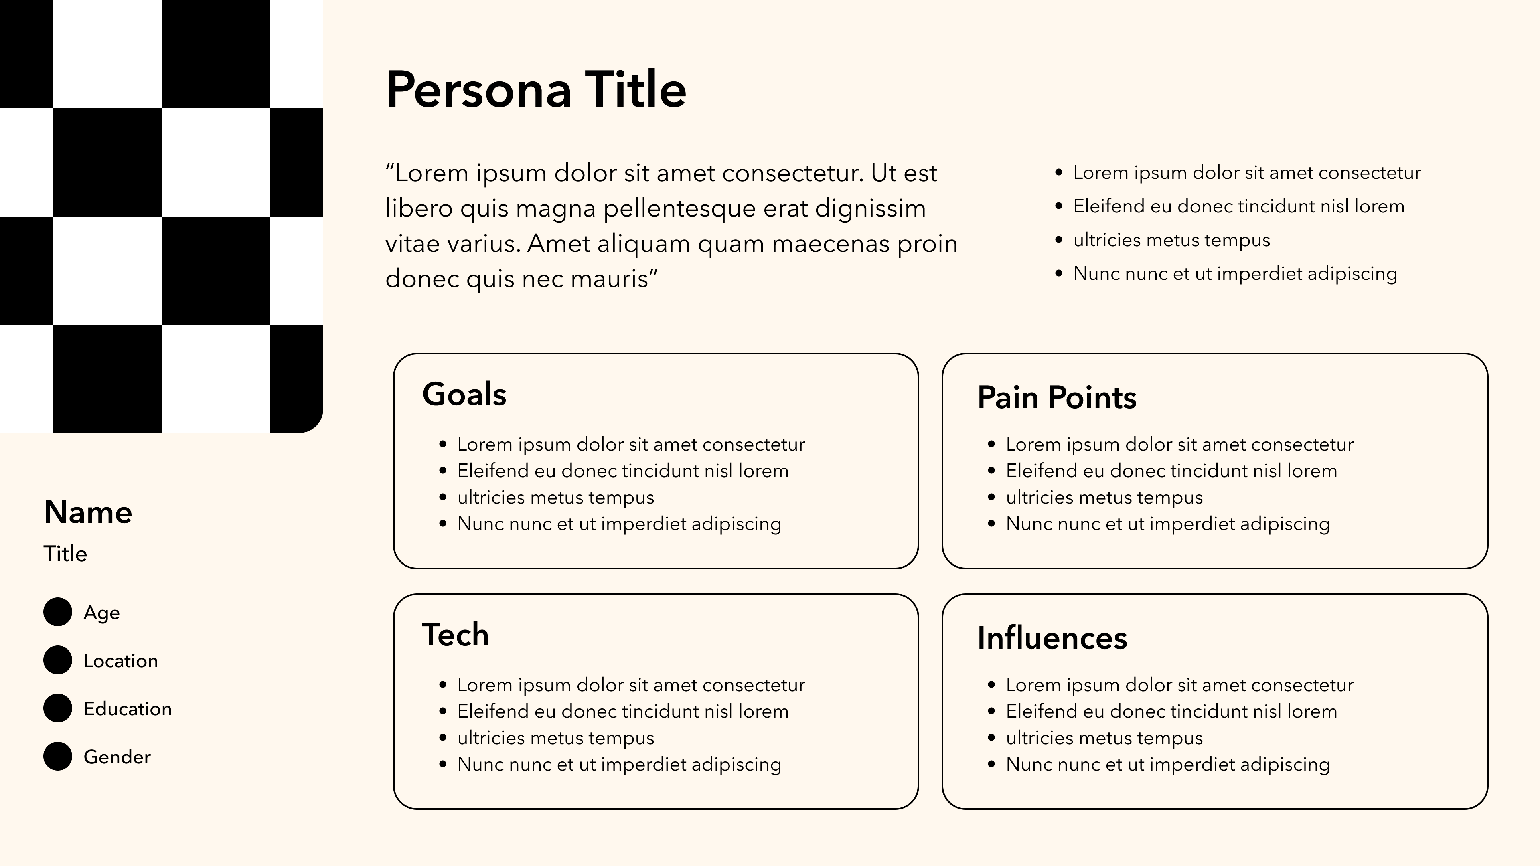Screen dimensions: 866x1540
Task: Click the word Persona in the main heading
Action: pos(478,90)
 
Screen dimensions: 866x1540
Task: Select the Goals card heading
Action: pos(464,395)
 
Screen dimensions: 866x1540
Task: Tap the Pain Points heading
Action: pos(1056,397)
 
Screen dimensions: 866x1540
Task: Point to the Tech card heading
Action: pos(455,635)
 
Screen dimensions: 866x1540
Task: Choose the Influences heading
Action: pos(1052,638)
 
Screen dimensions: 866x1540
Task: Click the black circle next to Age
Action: pos(57,612)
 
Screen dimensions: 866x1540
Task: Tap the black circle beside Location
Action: pos(57,660)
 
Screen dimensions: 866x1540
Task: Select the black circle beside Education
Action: pos(57,708)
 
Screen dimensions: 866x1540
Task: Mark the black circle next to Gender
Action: pos(57,756)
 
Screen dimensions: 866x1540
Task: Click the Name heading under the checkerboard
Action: pos(88,512)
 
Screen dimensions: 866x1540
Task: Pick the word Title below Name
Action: pos(65,554)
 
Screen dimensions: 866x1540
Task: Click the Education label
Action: pos(128,709)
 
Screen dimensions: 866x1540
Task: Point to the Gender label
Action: pos(117,757)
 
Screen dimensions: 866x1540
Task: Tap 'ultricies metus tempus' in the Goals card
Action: pos(555,497)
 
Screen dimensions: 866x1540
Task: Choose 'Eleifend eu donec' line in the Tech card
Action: pos(622,711)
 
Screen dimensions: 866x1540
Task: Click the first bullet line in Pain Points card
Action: pos(1179,445)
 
